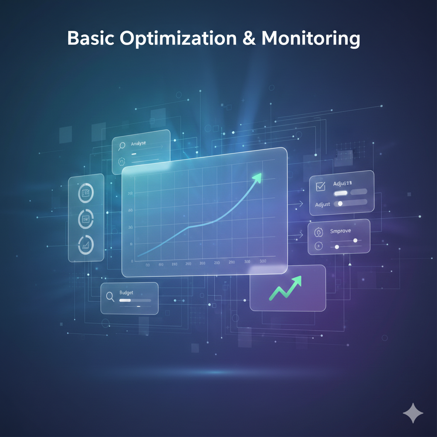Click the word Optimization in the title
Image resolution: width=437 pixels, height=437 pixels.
178,39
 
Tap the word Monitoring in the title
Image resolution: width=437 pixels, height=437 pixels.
311,39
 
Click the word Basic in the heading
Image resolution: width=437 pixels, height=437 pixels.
90,39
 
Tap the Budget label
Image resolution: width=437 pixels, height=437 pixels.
126,293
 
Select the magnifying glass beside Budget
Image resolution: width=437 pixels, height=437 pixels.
110,297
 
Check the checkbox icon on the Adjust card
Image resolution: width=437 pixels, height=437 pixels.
320,186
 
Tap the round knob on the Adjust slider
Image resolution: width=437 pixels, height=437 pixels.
340,204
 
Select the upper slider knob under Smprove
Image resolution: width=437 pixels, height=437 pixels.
355,240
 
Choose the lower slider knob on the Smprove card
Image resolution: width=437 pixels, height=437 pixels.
337,247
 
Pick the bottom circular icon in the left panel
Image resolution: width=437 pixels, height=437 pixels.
86,245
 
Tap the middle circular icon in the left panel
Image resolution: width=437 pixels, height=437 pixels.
86,219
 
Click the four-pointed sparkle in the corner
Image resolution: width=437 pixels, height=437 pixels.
413,413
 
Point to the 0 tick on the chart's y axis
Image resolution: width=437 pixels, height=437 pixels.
132,261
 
